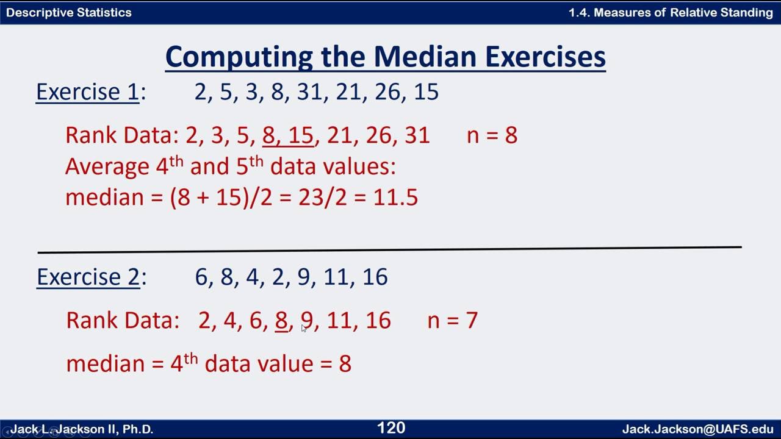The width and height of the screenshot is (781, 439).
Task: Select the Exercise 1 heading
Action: (x=87, y=92)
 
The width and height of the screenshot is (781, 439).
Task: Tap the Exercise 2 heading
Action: (x=88, y=277)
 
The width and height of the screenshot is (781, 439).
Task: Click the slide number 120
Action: (x=391, y=428)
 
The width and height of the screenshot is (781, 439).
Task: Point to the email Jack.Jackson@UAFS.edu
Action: (x=697, y=429)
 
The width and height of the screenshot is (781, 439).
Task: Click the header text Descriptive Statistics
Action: (x=68, y=12)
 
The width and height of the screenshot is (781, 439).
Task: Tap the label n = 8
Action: (x=492, y=135)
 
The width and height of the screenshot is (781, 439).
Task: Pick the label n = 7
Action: (x=453, y=321)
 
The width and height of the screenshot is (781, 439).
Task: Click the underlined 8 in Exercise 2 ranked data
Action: (x=281, y=321)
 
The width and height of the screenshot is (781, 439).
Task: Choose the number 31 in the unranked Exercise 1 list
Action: (x=309, y=92)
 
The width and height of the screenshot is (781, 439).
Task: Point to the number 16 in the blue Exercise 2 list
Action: (x=375, y=277)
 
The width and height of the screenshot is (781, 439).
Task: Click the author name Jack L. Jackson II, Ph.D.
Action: (x=82, y=429)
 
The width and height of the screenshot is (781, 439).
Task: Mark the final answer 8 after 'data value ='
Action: (x=345, y=364)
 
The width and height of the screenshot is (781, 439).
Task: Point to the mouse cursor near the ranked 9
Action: (x=304, y=329)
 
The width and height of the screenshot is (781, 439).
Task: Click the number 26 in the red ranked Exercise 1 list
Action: (x=378, y=135)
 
